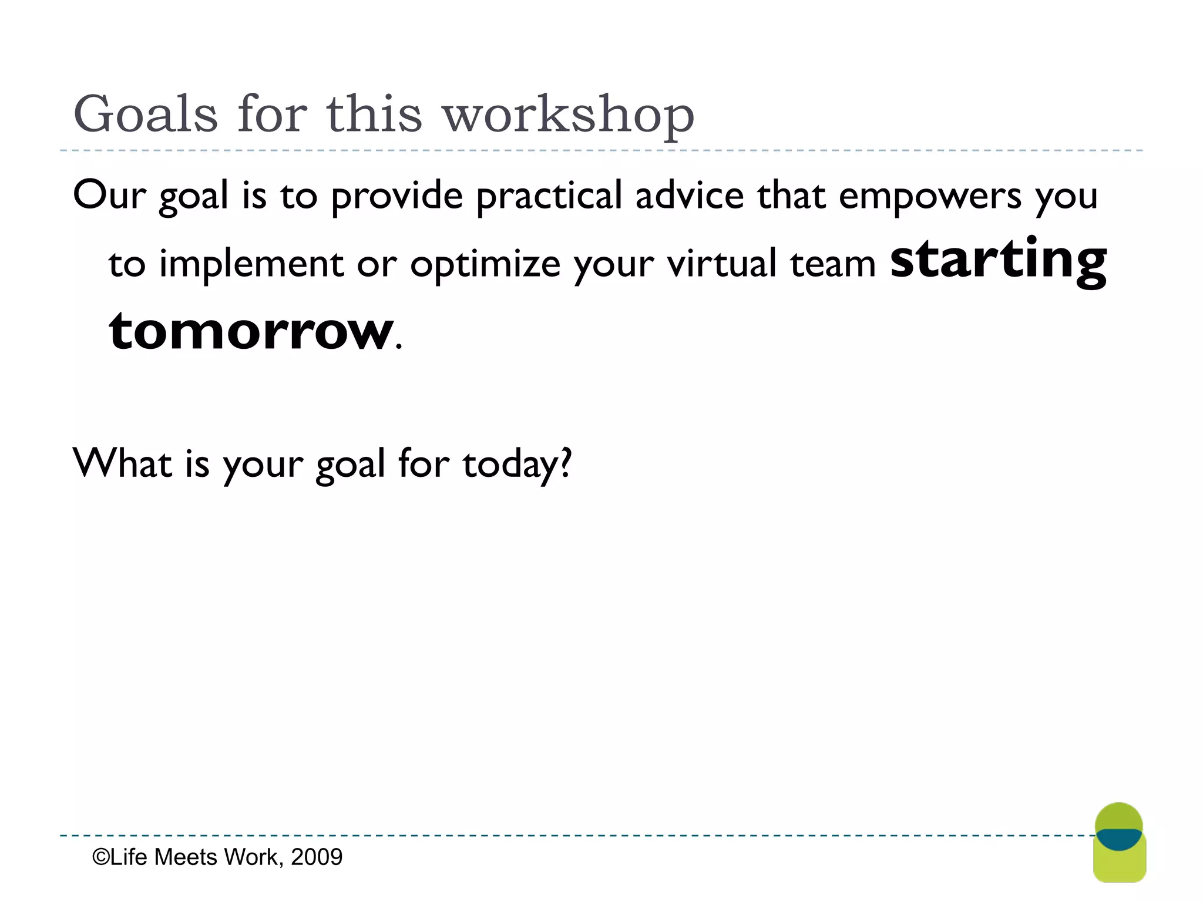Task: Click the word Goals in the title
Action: pos(145,115)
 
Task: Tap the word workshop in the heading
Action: pos(568,115)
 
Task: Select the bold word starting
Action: pos(998,260)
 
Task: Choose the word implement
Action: pos(251,264)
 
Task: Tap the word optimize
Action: pos(485,264)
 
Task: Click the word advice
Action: pos(690,196)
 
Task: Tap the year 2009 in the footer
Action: pos(317,857)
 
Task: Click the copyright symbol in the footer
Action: pos(100,857)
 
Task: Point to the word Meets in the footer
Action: pos(186,857)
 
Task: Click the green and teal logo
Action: pos(1119,843)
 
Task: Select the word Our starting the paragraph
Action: pos(109,196)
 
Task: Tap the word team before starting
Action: pos(833,264)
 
